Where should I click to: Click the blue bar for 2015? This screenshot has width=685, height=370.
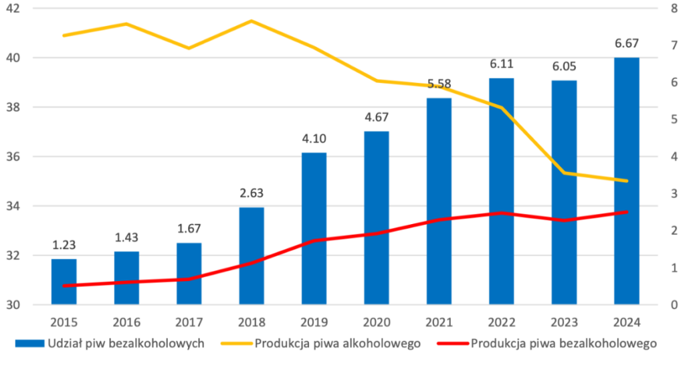[x=64, y=282]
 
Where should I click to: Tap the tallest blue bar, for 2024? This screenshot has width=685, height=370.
[x=627, y=181]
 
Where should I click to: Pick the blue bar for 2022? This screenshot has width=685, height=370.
[x=502, y=191]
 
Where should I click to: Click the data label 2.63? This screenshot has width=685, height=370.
[x=252, y=193]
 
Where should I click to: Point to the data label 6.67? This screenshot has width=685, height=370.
[x=627, y=43]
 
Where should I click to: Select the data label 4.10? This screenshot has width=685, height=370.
[x=314, y=139]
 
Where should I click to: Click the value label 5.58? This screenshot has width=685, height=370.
[x=439, y=84]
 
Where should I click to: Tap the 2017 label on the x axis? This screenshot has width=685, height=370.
[x=189, y=322]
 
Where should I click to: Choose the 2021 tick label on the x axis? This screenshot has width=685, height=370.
[x=439, y=322]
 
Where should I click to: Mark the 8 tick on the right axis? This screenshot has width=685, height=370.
[x=668, y=8]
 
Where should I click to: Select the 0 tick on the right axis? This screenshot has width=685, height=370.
[x=668, y=305]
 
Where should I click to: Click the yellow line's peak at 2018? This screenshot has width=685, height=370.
[x=252, y=21]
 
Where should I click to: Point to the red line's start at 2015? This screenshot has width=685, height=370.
[x=64, y=286]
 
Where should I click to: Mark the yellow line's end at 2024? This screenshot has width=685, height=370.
[x=627, y=181]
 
